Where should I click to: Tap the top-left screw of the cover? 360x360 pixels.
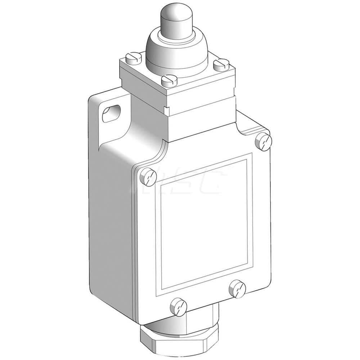pos(148,176)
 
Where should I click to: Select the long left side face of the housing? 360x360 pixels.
pos(108,216)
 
